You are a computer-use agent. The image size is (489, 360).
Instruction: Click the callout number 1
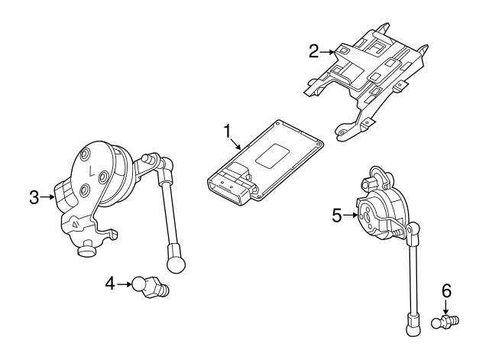pos(227,131)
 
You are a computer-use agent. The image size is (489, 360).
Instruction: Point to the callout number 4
pos(111,284)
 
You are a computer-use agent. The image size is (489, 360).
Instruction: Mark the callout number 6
pos(446,290)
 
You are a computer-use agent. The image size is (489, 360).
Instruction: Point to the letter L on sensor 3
pos(91,170)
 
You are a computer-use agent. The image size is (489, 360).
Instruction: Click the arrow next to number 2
pos(328,52)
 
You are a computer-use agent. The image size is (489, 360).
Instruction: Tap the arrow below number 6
pos(446,305)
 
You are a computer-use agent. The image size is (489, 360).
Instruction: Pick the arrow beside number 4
pos(125,284)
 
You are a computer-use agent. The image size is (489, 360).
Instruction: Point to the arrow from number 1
pos(235,142)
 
